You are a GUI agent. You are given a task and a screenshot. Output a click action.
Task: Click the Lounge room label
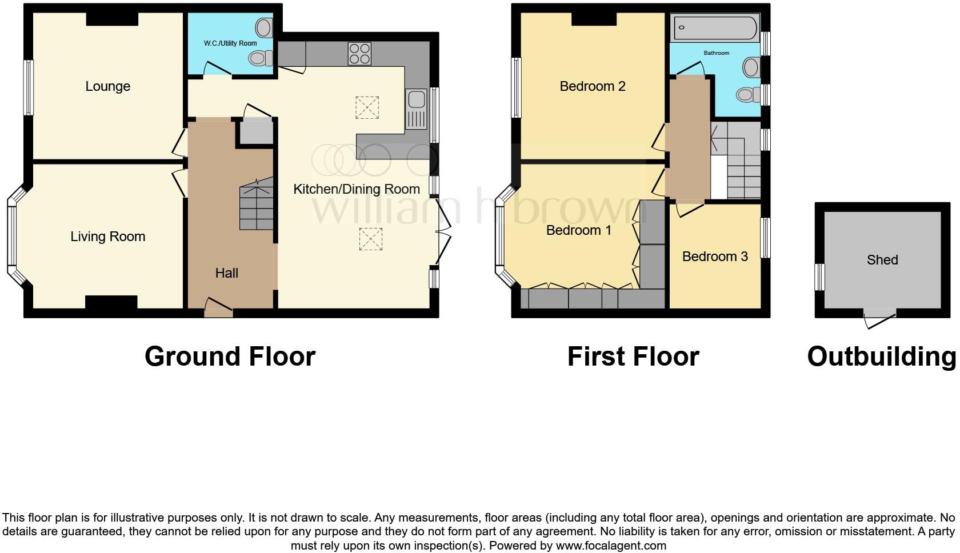coord(107,86)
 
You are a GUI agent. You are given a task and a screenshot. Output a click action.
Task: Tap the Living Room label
coord(107,237)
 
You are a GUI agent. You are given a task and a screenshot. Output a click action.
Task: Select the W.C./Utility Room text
coord(230,43)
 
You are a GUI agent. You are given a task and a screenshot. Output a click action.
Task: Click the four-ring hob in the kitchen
coord(359,54)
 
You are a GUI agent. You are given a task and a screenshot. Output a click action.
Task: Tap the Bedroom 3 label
coord(715,257)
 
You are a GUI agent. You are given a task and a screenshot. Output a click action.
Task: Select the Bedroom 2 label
coord(592,86)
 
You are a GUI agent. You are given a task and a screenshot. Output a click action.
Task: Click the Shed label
coord(882,260)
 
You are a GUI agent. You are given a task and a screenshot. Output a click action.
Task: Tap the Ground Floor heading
coord(230,356)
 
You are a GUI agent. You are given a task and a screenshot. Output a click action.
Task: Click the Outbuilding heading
coord(881,356)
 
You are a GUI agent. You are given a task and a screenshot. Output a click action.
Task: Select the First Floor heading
coord(633,356)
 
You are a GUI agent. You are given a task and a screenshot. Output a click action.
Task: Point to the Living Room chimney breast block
coord(111,302)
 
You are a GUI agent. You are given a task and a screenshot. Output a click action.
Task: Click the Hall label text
coord(226,273)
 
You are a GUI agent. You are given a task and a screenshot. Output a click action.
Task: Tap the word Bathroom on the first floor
coord(716,53)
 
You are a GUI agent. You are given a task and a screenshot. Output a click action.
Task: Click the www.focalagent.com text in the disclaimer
coord(610,546)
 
